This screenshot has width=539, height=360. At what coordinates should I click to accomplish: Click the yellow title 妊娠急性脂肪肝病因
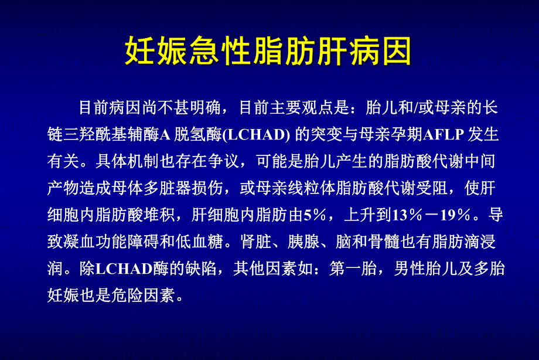pos(269,52)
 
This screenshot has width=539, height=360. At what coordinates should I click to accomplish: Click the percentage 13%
pos(410,215)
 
